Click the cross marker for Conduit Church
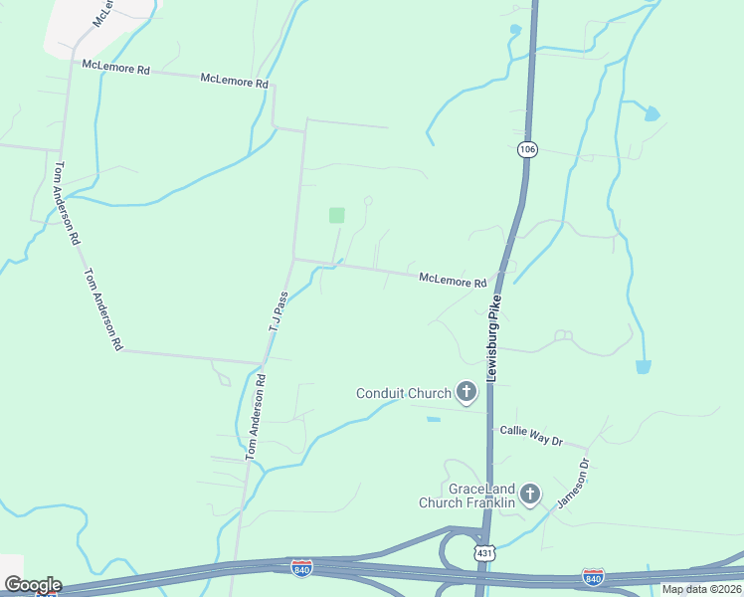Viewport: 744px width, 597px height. click(x=465, y=392)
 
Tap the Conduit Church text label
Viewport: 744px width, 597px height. click(x=404, y=393)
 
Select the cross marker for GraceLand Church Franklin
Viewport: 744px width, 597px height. click(x=530, y=494)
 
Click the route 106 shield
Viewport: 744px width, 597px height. click(x=527, y=149)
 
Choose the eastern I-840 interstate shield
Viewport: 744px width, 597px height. click(x=593, y=576)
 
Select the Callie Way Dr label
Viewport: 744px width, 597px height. click(x=531, y=439)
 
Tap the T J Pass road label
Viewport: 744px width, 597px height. click(x=278, y=312)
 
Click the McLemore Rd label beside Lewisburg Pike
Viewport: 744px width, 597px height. click(x=453, y=281)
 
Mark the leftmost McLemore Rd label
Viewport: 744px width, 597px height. click(x=115, y=69)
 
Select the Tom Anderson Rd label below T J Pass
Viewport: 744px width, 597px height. click(x=256, y=416)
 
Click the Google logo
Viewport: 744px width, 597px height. click(x=32, y=585)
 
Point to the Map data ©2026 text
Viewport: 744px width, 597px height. click(x=702, y=589)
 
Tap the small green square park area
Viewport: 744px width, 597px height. click(x=337, y=215)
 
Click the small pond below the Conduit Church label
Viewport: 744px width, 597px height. click(x=434, y=419)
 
